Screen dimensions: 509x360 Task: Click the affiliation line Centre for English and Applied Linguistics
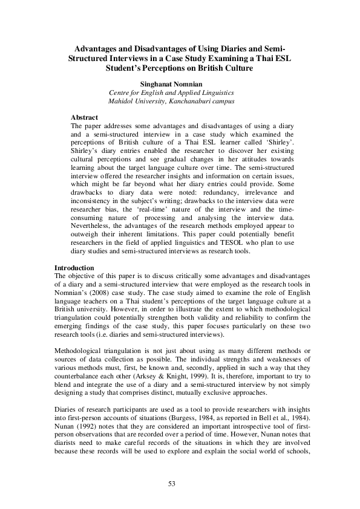pos(171,92)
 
